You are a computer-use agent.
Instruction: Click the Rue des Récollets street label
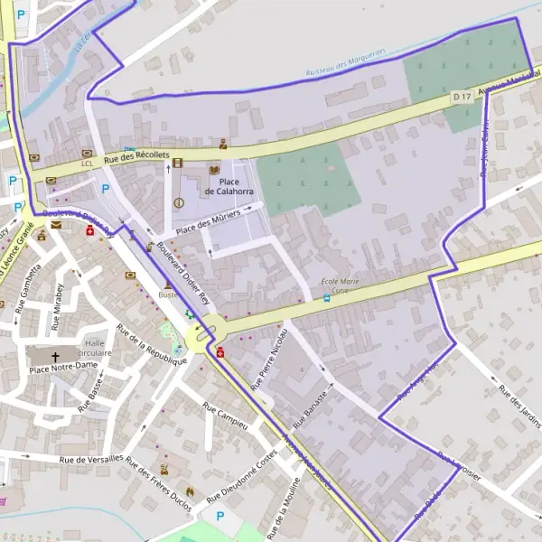coord(136,157)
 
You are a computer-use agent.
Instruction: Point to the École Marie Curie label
coord(341,286)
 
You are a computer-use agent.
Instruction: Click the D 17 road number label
coord(462,97)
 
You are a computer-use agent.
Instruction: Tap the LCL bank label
coord(88,164)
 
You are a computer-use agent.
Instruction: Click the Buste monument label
coord(168,295)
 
